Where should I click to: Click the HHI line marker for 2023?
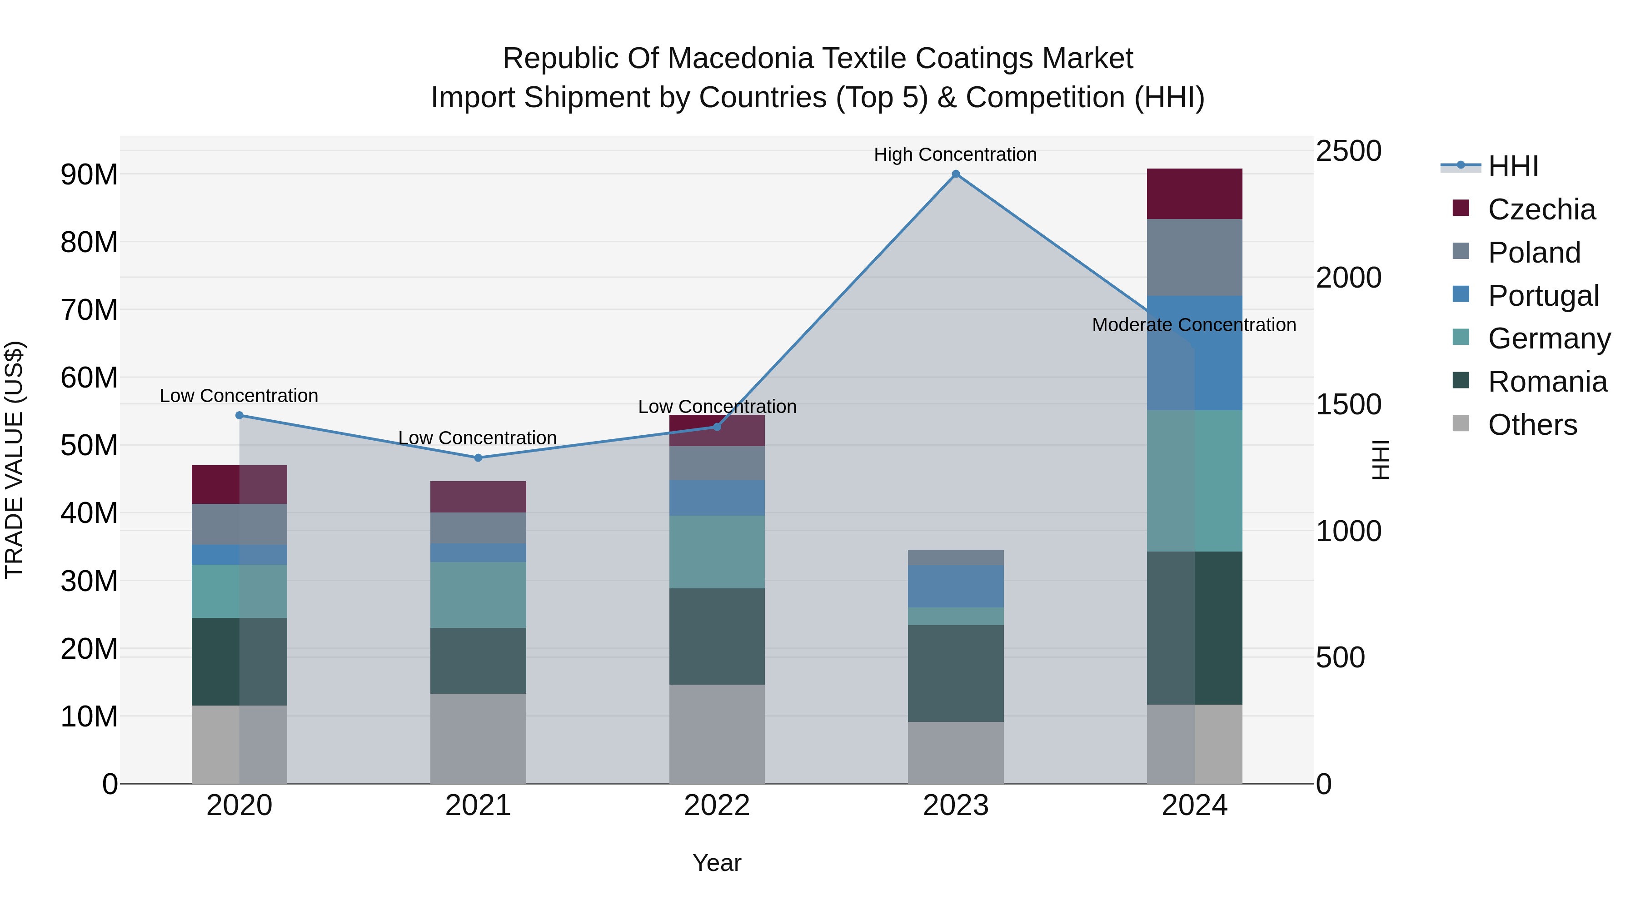[x=955, y=174]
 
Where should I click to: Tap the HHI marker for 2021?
[x=478, y=458]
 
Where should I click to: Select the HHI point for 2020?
[x=239, y=415]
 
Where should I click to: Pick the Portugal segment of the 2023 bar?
[x=955, y=586]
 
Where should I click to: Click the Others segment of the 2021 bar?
[x=478, y=738]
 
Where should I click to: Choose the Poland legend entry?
[x=1533, y=253]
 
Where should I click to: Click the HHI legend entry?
[x=1513, y=166]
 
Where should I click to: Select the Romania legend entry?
[x=1546, y=382]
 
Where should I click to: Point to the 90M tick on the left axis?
[x=89, y=174]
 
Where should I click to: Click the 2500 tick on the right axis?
[x=1348, y=151]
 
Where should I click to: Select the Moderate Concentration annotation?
[x=1193, y=325]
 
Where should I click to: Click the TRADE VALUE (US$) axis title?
[x=14, y=460]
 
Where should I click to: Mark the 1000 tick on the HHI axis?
[x=1348, y=531]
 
